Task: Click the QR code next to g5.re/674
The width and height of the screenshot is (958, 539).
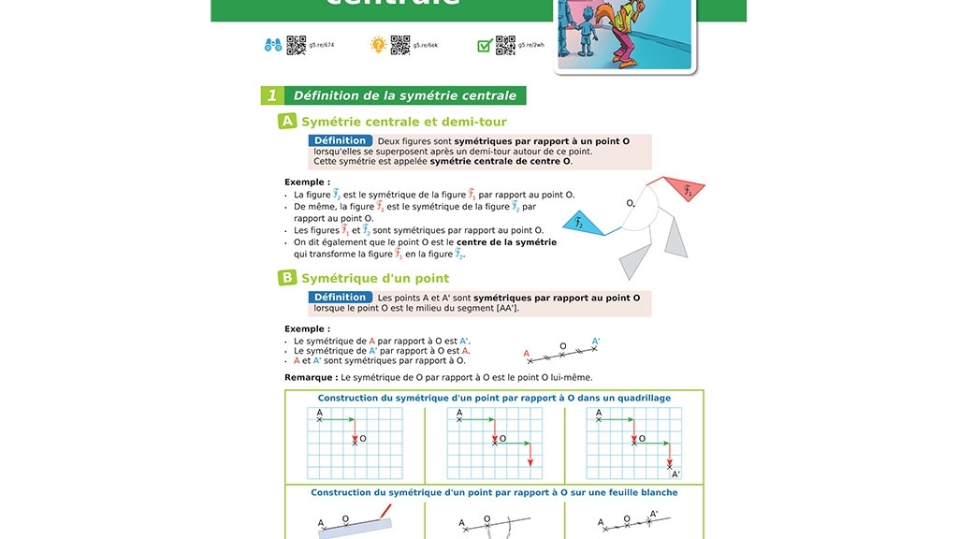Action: [296, 45]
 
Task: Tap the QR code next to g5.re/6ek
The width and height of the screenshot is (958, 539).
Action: [400, 45]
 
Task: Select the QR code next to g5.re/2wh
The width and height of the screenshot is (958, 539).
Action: [505, 45]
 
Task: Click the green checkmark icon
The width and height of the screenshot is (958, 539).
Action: [485, 45]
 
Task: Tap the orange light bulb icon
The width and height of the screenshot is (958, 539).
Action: [378, 45]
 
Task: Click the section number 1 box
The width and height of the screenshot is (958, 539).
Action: [271, 95]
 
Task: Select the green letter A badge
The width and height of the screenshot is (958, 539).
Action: [287, 122]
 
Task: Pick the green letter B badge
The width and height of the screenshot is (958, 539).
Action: [287, 278]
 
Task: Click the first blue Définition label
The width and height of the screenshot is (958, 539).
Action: [340, 141]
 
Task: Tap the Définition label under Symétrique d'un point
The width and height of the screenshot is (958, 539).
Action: [340, 298]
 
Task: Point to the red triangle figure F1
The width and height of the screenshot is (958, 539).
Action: [683, 190]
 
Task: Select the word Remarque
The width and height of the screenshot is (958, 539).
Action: [311, 378]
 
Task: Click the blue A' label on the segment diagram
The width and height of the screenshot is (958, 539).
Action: [596, 342]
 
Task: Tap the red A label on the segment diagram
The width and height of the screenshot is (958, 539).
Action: [526, 354]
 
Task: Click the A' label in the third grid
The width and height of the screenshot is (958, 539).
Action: [675, 474]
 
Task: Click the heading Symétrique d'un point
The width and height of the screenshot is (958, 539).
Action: [375, 278]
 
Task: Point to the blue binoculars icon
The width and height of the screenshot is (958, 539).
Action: [273, 45]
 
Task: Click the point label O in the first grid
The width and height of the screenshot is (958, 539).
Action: [363, 438]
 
